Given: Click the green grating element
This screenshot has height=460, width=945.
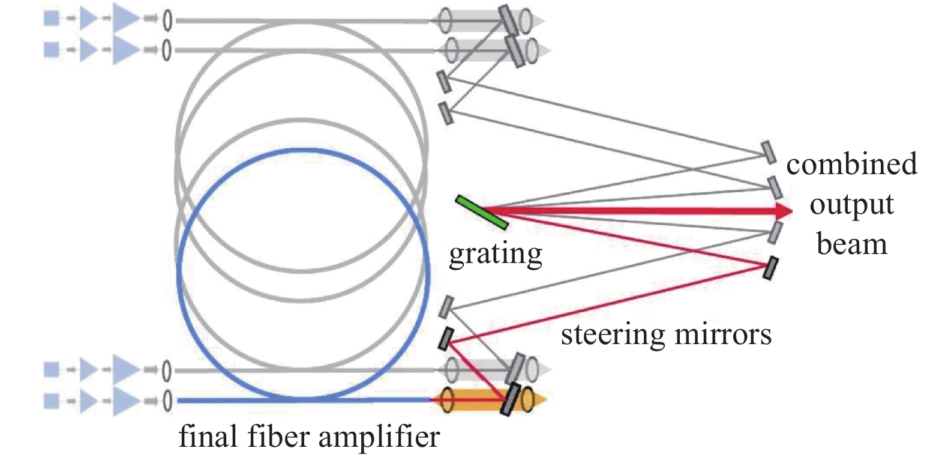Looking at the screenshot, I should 482,212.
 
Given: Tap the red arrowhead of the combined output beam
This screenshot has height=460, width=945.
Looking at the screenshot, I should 783,211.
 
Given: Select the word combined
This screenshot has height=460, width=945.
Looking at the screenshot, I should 851,164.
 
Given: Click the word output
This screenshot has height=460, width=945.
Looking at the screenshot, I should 851,205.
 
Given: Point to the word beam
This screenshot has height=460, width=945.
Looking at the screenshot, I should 851,244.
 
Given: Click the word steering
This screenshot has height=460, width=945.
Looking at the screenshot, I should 612,334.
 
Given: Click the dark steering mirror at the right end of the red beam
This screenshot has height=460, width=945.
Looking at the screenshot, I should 770,268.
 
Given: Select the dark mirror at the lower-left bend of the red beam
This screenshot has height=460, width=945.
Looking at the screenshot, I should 445,339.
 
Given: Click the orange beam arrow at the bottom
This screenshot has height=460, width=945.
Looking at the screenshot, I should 537,399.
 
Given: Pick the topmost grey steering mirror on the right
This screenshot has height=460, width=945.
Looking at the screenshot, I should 768,152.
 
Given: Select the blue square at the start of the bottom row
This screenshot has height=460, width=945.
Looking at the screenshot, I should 52,401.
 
